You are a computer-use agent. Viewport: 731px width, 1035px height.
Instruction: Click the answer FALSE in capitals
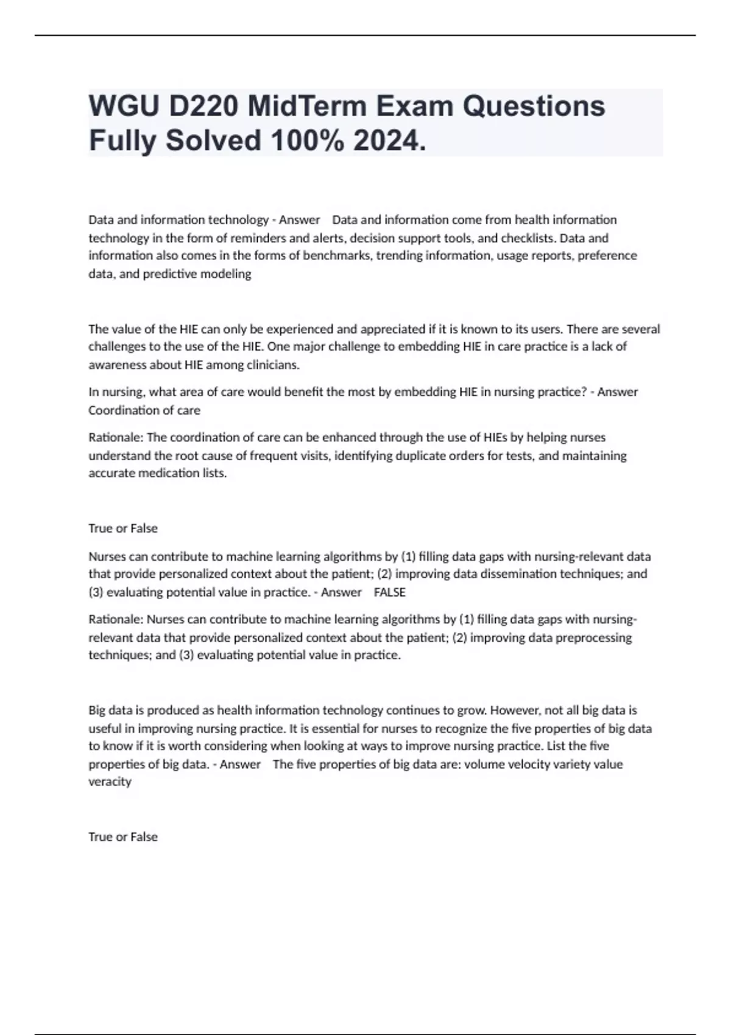coord(389,592)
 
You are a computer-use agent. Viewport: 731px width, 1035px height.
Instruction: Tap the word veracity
coord(110,782)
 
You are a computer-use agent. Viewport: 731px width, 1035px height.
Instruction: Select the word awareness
coord(116,365)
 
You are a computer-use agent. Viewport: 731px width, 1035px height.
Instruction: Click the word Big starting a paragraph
coord(97,710)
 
